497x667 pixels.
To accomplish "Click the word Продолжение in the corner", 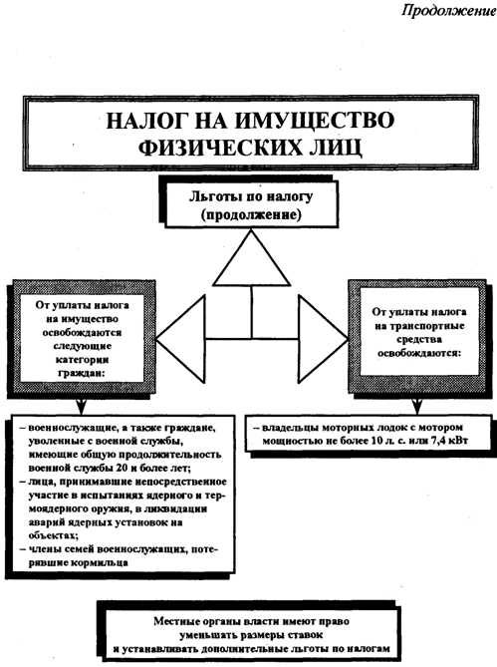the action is click(449, 10).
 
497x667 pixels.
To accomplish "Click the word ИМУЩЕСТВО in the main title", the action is click(314, 121).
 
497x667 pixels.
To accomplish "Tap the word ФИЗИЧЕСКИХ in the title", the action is click(219, 148).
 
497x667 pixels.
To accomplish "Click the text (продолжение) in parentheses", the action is click(251, 214).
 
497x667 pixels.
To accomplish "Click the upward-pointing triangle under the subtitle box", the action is click(251, 258).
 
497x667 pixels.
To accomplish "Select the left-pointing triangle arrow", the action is click(181, 339).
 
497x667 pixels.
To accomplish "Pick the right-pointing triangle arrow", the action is click(323, 339).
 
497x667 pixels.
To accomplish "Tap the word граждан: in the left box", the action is click(82, 373).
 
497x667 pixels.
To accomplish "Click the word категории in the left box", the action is click(82, 360).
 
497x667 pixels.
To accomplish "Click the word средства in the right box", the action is click(419, 339).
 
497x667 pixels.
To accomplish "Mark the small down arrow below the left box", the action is click(80, 407).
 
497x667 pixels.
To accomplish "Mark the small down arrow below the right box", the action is click(416, 407).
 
